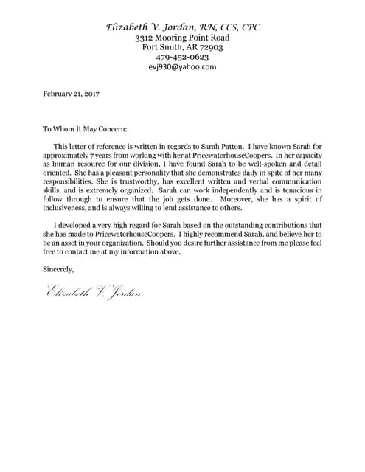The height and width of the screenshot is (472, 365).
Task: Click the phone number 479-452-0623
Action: (x=182, y=57)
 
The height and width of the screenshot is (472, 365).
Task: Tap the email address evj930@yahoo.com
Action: (x=182, y=66)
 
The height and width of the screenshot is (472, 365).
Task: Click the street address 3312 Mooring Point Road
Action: (x=182, y=37)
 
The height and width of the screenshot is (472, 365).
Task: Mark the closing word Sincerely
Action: (x=59, y=268)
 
